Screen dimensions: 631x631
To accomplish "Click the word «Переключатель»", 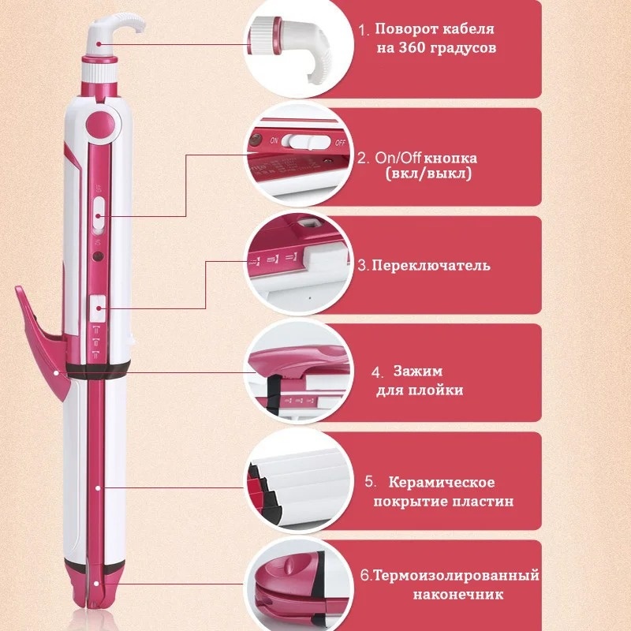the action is point(431,266).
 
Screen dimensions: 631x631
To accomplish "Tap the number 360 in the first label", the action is point(412,48).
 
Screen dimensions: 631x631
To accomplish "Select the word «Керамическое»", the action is point(442,482).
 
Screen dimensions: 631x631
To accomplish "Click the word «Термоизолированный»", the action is point(457,576).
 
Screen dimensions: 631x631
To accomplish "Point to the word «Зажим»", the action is point(418,371).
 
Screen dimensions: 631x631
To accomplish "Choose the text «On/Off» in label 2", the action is point(398,158).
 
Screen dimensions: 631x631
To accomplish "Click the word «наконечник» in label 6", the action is point(458,595).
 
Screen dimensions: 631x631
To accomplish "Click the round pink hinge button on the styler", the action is point(100,124).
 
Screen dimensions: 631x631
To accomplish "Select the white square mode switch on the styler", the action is point(98,308).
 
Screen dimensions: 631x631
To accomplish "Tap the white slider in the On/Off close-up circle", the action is point(302,141).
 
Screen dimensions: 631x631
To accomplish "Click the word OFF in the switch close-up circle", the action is point(340,143).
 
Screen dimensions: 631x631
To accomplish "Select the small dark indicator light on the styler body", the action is point(96,256).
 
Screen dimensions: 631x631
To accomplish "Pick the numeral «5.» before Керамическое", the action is point(370,481).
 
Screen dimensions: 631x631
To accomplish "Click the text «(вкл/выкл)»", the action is point(428,174).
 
